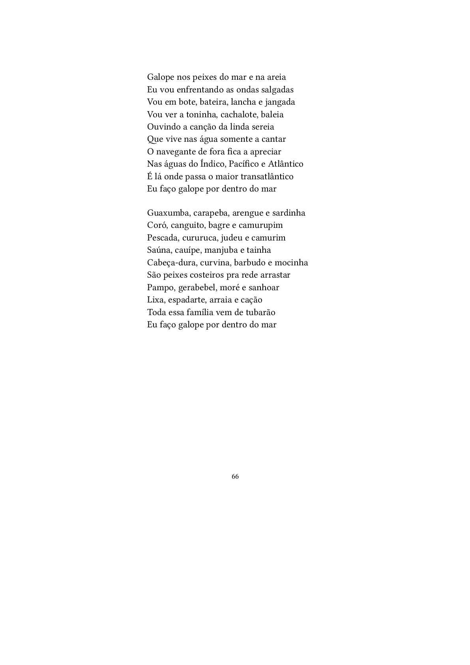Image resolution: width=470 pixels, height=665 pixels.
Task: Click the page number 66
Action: coord(235,477)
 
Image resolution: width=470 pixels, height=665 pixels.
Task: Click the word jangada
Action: coord(280,102)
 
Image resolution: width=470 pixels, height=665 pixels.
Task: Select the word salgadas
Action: coord(277,90)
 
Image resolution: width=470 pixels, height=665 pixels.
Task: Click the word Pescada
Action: coord(162,238)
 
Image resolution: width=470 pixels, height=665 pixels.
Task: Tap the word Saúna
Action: coord(159,250)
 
